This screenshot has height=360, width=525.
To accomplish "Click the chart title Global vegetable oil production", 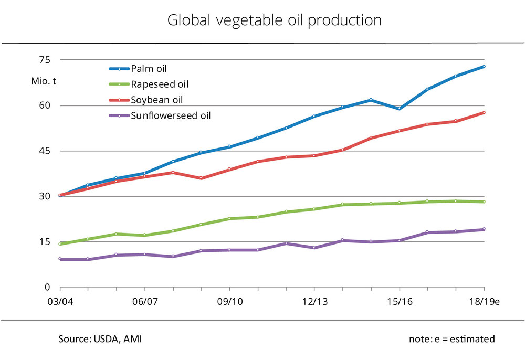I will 274,20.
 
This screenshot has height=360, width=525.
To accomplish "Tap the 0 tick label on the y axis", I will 47,288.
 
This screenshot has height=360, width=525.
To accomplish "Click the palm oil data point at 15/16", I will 399,109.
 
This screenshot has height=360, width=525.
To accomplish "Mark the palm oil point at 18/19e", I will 484,67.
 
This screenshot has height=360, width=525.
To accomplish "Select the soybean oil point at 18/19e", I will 484,112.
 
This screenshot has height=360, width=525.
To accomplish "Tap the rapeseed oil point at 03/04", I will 60,244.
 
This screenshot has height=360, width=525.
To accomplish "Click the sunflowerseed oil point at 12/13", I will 314,248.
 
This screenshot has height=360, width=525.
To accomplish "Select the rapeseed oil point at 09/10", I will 229,218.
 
